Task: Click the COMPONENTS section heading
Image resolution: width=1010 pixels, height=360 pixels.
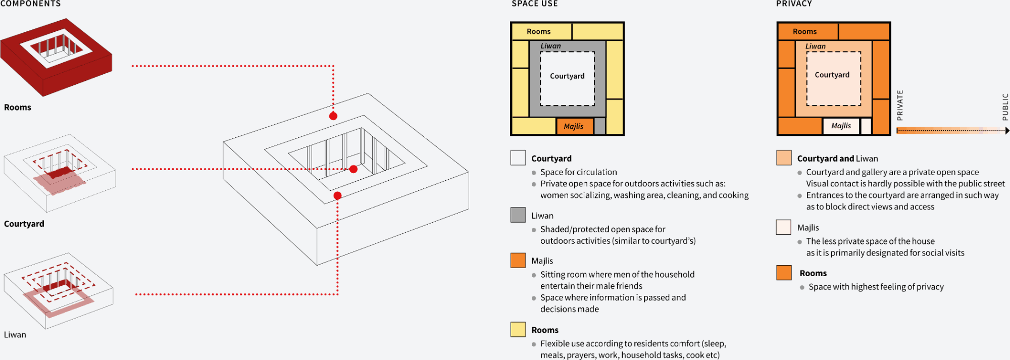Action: (x=30, y=4)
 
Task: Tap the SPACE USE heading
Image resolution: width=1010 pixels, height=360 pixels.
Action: (x=535, y=4)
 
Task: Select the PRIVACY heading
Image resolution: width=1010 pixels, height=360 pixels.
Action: (x=794, y=4)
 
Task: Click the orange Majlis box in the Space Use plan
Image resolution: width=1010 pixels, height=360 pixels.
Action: (x=574, y=126)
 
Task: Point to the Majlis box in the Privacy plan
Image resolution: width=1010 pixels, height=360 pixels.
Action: (x=841, y=126)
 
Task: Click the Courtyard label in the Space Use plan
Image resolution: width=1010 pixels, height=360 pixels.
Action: (x=567, y=76)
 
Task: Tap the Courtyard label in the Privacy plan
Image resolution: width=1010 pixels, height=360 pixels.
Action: (x=832, y=75)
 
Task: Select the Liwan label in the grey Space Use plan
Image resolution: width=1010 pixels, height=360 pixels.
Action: (x=550, y=46)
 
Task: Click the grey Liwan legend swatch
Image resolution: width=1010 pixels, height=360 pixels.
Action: (x=518, y=215)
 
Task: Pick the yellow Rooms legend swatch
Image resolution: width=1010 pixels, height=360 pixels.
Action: (x=518, y=329)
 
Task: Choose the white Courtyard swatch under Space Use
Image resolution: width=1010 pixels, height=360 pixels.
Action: (x=518, y=158)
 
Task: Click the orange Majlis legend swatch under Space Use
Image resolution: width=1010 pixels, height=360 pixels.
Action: (x=518, y=260)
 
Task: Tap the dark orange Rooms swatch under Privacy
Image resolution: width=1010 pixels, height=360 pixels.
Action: (x=784, y=273)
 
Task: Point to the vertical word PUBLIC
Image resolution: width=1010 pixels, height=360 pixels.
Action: (x=1005, y=107)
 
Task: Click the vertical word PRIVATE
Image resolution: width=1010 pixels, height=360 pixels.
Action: (x=899, y=105)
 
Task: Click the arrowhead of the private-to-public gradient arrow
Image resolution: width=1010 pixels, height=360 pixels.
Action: (x=1007, y=131)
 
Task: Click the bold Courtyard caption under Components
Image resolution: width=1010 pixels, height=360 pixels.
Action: (x=24, y=224)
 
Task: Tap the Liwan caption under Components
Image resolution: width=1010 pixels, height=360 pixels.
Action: (x=15, y=335)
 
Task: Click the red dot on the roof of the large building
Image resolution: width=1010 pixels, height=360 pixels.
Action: (x=333, y=116)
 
